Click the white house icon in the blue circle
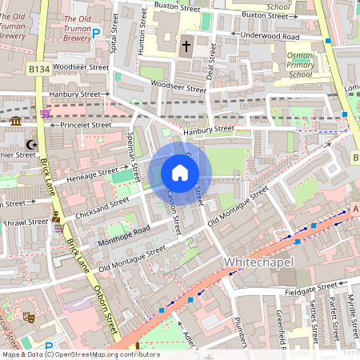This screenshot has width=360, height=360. pyautogui.click(x=180, y=173)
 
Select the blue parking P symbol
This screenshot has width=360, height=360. pyautogui.click(x=97, y=33)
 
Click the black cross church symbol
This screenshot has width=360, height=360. pyautogui.click(x=186, y=46)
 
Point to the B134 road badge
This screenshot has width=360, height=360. pyautogui.click(x=39, y=70)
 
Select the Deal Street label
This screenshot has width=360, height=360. pyautogui.click(x=211, y=62)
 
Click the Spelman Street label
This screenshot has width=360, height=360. pyautogui.click(x=135, y=157)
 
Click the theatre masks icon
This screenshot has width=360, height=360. pyautogui.click(x=26, y=318)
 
